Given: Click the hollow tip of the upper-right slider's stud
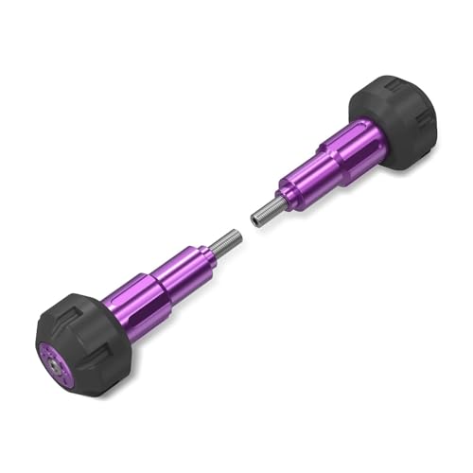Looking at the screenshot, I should (255, 219).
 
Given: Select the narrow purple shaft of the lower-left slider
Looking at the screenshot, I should (184, 267).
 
